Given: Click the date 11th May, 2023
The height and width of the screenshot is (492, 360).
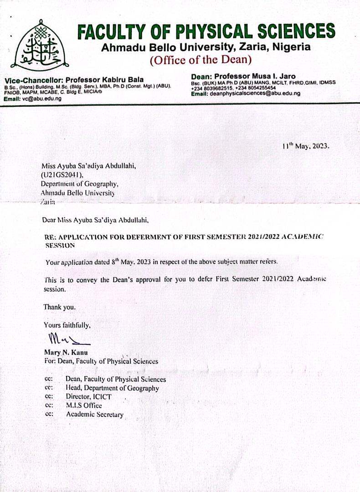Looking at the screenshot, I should pyautogui.click(x=305, y=146).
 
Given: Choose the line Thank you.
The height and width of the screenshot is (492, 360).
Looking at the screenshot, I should pyautogui.click(x=59, y=307).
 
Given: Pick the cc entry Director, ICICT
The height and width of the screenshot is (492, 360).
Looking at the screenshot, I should pyautogui.click(x=88, y=397).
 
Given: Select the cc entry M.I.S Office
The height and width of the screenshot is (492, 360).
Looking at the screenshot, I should pyautogui.click(x=84, y=405).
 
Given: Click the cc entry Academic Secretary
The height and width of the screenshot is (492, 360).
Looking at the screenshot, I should pyautogui.click(x=95, y=414).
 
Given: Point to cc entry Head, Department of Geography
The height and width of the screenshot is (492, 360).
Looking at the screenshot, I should pyautogui.click(x=112, y=388).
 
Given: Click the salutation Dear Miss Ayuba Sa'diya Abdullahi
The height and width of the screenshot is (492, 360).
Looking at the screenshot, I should pyautogui.click(x=96, y=220).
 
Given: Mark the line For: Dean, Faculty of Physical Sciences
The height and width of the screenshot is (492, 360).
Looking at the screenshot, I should pyautogui.click(x=101, y=361).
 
